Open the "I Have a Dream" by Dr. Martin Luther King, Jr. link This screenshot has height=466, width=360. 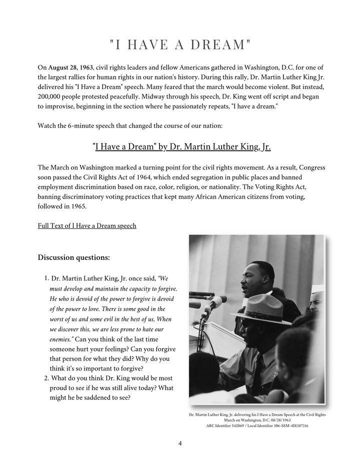pyautogui.click(x=182, y=146)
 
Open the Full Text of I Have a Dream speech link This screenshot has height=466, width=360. pyautogui.click(x=87, y=225)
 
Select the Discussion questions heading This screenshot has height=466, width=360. pyautogui.click(x=74, y=257)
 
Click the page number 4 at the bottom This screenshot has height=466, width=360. pyautogui.click(x=180, y=443)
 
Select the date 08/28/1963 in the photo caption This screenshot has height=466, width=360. pyautogui.click(x=279, y=420)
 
